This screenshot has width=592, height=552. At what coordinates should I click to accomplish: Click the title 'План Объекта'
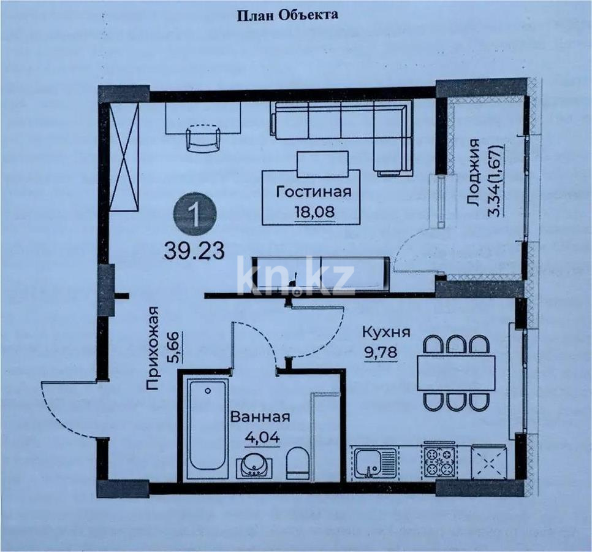287,15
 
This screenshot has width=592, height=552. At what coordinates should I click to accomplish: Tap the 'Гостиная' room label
314,191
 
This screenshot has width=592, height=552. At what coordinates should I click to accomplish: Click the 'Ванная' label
260,417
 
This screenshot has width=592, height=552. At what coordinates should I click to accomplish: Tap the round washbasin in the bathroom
255,466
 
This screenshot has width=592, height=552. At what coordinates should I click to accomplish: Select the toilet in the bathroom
298,464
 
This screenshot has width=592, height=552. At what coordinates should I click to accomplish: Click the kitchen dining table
456,372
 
